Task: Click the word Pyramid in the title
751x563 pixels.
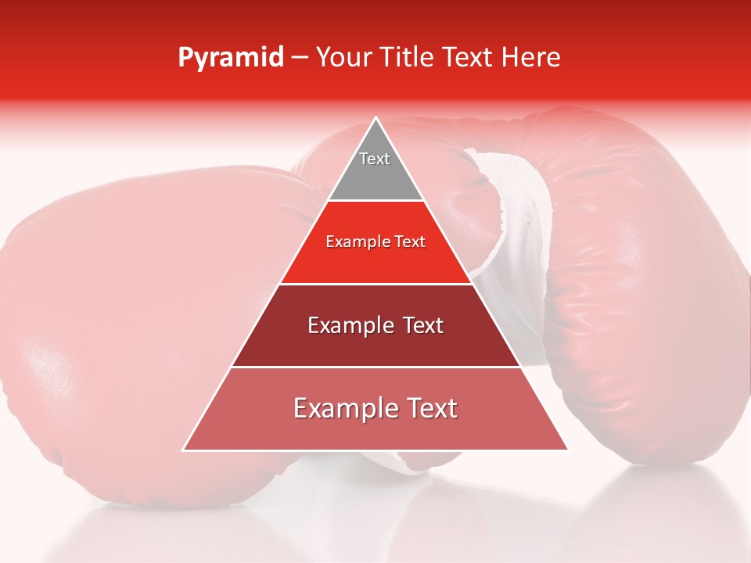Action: click(231, 58)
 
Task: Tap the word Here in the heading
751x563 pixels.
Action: click(532, 58)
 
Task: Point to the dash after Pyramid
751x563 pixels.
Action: click(300, 58)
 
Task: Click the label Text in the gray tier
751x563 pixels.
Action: click(375, 159)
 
